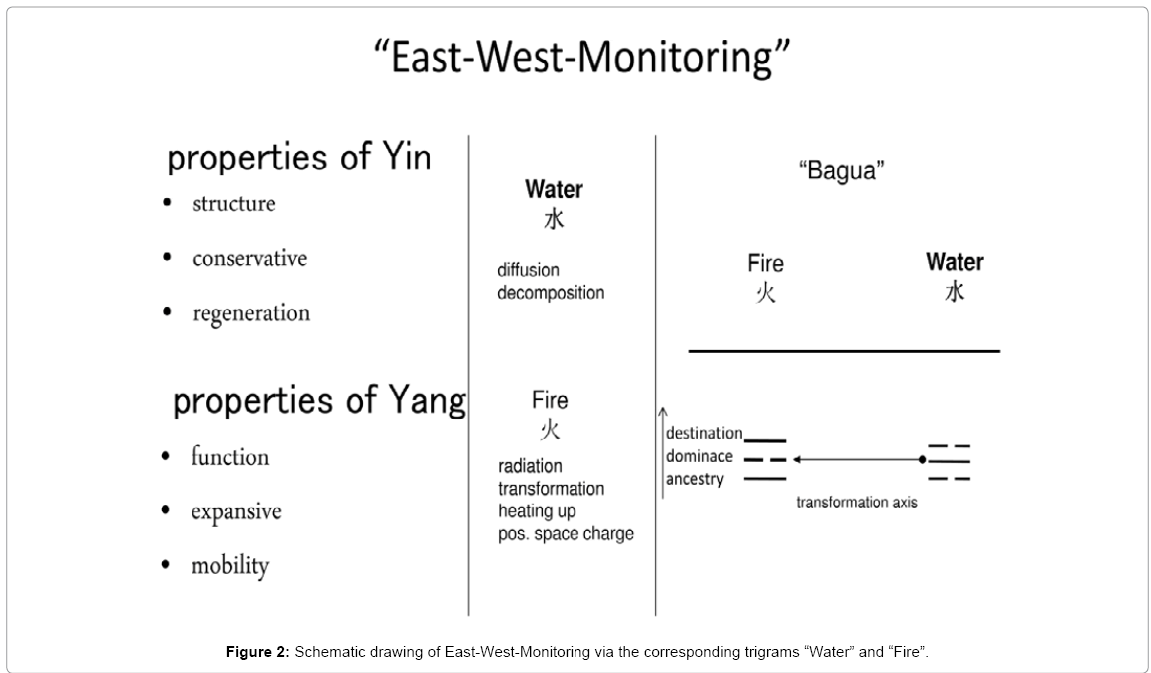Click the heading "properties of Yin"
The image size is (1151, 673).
[x=298, y=158]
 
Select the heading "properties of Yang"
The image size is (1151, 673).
[x=319, y=400]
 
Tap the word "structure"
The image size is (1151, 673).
[x=234, y=204]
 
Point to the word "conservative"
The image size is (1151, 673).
[x=249, y=259]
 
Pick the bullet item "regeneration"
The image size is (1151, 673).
[x=251, y=313]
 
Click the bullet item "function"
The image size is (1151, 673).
[x=230, y=457]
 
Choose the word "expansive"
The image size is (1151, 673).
[x=236, y=512]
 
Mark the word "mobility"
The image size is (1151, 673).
[x=230, y=566]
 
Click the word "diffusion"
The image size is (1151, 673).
[x=528, y=270]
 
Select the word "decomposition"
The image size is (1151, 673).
[x=551, y=293]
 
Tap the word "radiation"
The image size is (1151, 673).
[x=530, y=466]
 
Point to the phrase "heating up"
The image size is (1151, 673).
[x=538, y=511]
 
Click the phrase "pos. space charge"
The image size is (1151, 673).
[x=566, y=534]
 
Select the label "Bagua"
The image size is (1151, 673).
[x=841, y=171]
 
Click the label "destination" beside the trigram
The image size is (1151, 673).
[x=704, y=433]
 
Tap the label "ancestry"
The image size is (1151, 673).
[x=695, y=480]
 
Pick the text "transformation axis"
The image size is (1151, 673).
[x=856, y=503]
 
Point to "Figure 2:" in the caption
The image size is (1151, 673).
[x=258, y=652]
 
